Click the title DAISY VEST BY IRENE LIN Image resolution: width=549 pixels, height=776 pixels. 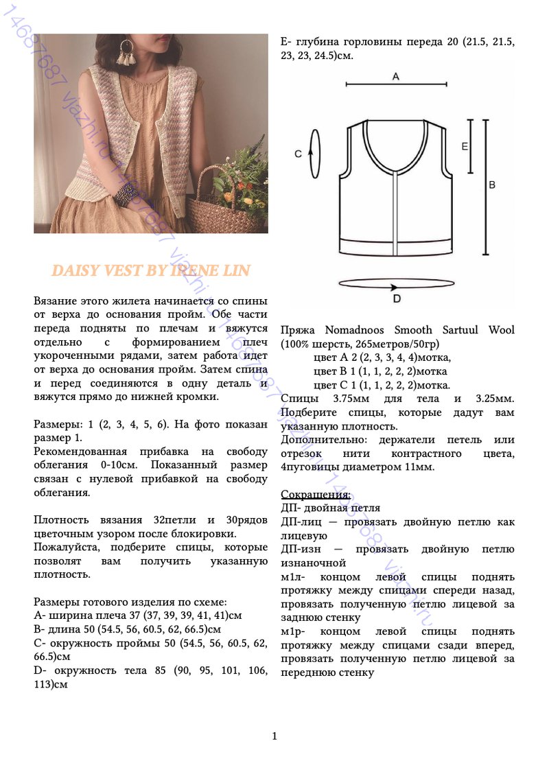(151, 270)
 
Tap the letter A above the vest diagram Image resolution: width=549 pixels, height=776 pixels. (396, 77)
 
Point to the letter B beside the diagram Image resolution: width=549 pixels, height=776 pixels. (491, 185)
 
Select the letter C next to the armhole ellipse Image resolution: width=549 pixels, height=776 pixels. (299, 154)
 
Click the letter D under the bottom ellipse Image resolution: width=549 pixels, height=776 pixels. (397, 298)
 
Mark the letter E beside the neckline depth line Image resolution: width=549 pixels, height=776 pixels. (465, 146)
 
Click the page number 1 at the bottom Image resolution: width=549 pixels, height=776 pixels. (274, 736)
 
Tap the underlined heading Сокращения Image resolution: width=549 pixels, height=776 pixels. (316, 494)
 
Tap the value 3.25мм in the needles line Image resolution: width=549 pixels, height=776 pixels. (495, 399)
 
